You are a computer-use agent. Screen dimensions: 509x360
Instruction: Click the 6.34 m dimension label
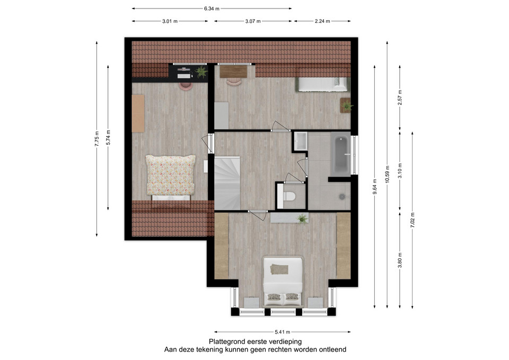pos(212,9)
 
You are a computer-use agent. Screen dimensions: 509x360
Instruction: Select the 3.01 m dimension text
pos(170,21)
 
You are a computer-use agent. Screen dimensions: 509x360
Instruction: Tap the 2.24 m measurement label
pos(322,21)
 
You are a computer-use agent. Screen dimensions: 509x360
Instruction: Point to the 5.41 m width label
pos(283,332)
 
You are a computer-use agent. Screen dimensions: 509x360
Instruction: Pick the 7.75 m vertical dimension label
pos(96,139)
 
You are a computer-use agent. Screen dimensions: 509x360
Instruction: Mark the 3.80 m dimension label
pos(400,260)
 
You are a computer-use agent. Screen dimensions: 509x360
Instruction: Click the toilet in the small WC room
pos(288,196)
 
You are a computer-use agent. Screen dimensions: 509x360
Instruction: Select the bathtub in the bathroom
pos(340,154)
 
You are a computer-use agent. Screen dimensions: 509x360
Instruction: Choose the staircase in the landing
pos(227,183)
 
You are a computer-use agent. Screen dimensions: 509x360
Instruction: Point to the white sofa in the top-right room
pos(322,84)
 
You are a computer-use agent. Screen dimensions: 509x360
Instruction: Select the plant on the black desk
pos(201,72)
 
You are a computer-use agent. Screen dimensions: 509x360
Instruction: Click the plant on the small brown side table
pos(347,106)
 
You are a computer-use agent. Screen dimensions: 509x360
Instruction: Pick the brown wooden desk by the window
pos(233,72)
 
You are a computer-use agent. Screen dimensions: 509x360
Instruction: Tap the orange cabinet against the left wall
pos(138,113)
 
